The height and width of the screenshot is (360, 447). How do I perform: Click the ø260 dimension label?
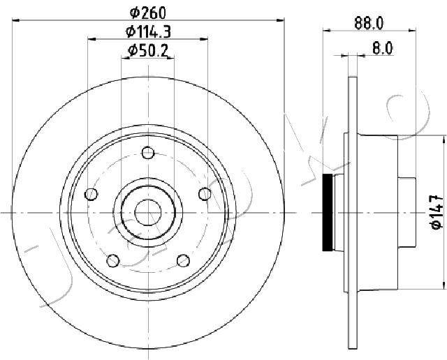pos(147,13)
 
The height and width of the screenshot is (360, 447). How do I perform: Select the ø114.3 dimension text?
pos(149,31)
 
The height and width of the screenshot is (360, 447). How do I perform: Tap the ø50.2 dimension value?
pos(147,51)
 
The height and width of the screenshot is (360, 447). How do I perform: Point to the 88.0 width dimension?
pos(369,23)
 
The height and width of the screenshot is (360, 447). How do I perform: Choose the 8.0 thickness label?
pos(383,48)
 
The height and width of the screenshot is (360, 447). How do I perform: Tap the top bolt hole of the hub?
pos(148,153)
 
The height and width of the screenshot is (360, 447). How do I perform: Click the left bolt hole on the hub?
pos(91,194)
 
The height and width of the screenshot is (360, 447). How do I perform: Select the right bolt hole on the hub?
pos(205,194)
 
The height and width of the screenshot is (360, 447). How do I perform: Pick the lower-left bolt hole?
pos(113,261)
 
